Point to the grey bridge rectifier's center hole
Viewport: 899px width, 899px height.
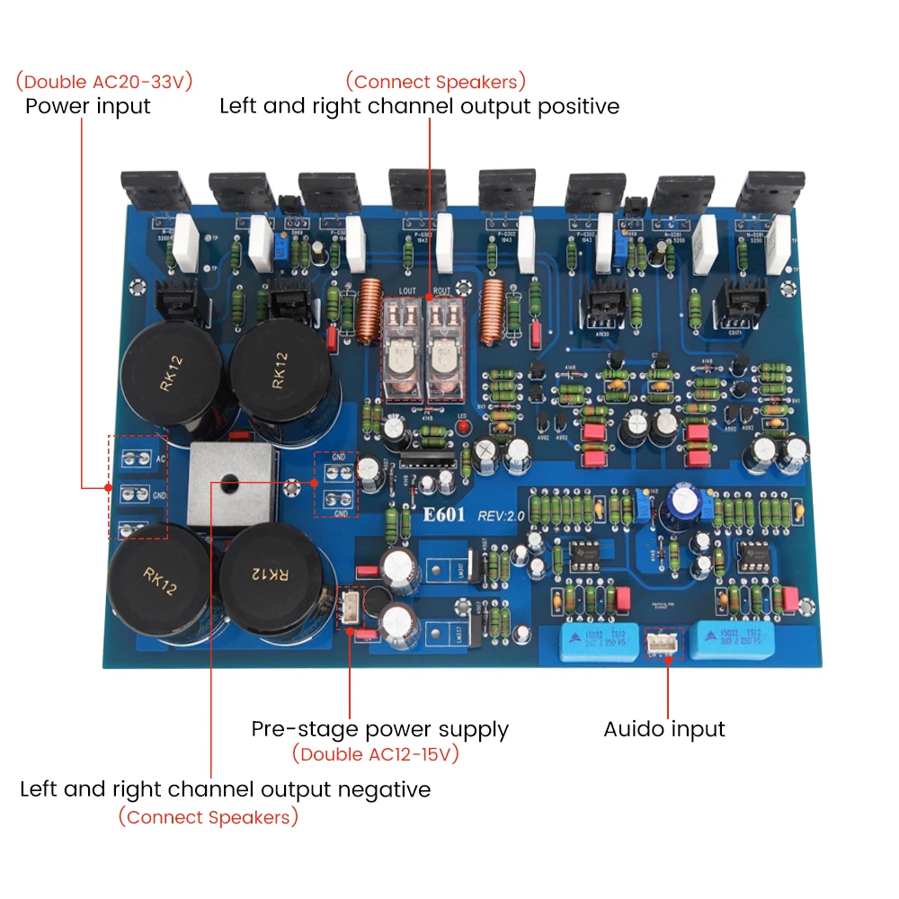coord(225,481)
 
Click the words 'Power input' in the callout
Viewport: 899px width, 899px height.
coord(87,106)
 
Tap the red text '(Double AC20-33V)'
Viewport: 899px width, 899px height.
coord(103,82)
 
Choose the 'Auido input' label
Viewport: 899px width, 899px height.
coord(664,729)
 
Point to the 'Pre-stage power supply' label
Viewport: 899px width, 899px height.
coord(379,729)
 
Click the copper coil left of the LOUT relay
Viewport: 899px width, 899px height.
coord(369,312)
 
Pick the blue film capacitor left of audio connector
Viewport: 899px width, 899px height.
coord(596,644)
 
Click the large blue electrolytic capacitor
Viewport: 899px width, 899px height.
coord(683,509)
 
